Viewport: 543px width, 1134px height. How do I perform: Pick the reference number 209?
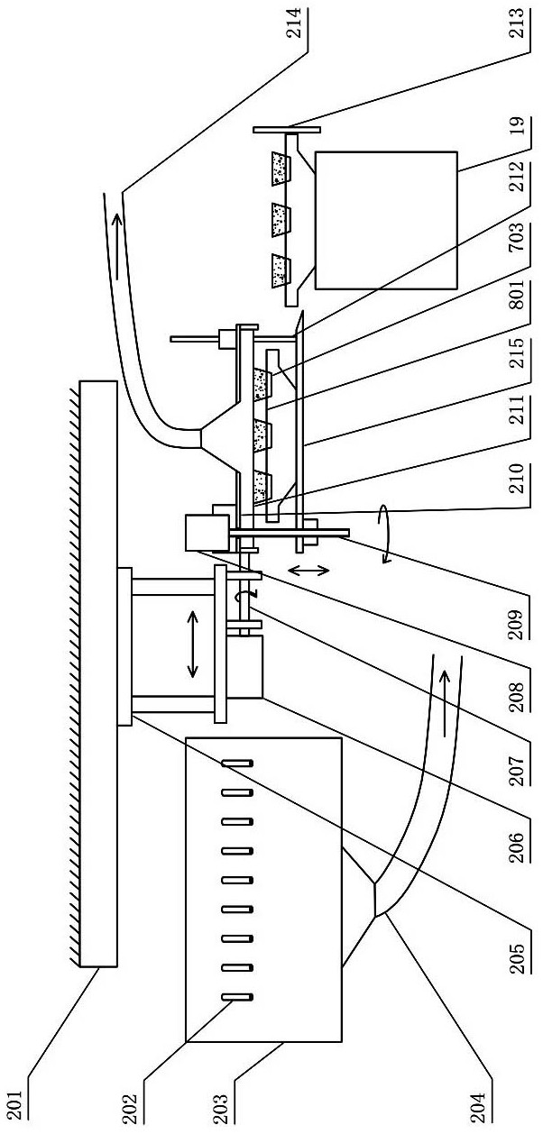[x=520, y=624]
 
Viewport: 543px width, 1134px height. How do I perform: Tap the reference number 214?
[x=294, y=22]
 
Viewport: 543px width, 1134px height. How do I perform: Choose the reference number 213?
[x=520, y=23]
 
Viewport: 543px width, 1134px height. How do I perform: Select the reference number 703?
[x=520, y=237]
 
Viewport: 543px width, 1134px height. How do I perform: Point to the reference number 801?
[x=520, y=294]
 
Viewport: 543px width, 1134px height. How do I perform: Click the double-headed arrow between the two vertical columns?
[x=192, y=644]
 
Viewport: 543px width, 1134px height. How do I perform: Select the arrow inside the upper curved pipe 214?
[x=116, y=245]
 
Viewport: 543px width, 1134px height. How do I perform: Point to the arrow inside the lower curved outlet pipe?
[x=444, y=703]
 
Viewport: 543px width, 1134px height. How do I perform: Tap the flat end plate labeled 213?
[x=286, y=130]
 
